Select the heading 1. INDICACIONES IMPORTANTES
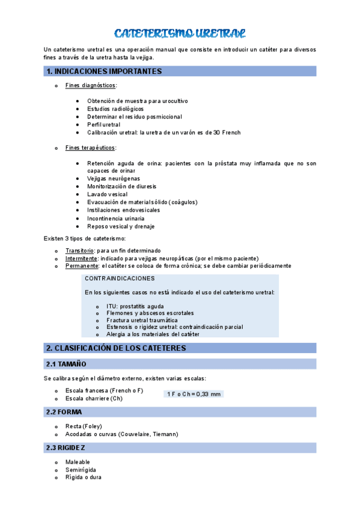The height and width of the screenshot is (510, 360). [104, 72]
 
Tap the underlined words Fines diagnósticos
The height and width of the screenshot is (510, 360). [91, 85]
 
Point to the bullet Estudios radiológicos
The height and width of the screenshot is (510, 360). [115, 109]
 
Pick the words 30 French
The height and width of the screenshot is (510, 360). [227, 132]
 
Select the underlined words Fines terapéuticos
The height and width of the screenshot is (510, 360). [91, 148]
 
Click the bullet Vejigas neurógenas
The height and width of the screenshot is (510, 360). [113, 179]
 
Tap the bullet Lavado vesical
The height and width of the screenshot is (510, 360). [107, 194]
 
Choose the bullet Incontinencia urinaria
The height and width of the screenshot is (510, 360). [115, 218]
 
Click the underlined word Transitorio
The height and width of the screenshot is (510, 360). [79, 250]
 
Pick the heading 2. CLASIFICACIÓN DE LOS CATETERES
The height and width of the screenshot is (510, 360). [124, 348]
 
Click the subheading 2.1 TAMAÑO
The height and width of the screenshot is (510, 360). [66, 364]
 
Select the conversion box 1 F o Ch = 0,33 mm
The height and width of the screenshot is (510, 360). [194, 394]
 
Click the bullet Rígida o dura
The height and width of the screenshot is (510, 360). [83, 477]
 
